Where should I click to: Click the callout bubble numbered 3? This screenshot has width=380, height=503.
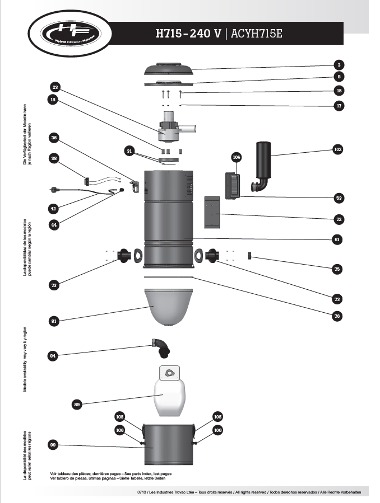click(338, 64)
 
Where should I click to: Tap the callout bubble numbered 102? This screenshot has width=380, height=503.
click(337, 149)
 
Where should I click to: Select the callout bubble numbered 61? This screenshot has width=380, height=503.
click(337, 239)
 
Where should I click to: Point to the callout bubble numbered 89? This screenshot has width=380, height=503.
click(78, 403)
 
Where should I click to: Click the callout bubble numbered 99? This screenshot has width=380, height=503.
click(54, 445)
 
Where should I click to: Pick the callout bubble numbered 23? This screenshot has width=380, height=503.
click(55, 87)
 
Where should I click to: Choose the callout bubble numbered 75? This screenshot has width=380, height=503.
click(337, 269)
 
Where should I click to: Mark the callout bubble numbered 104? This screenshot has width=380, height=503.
click(236, 158)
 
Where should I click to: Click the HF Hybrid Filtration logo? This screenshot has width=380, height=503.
click(67, 34)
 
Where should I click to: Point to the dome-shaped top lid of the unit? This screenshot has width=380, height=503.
click(170, 67)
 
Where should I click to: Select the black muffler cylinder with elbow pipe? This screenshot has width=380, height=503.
click(263, 165)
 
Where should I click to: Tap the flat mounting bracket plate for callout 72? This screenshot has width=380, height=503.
click(211, 213)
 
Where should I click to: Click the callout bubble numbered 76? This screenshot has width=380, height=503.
click(337, 316)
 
